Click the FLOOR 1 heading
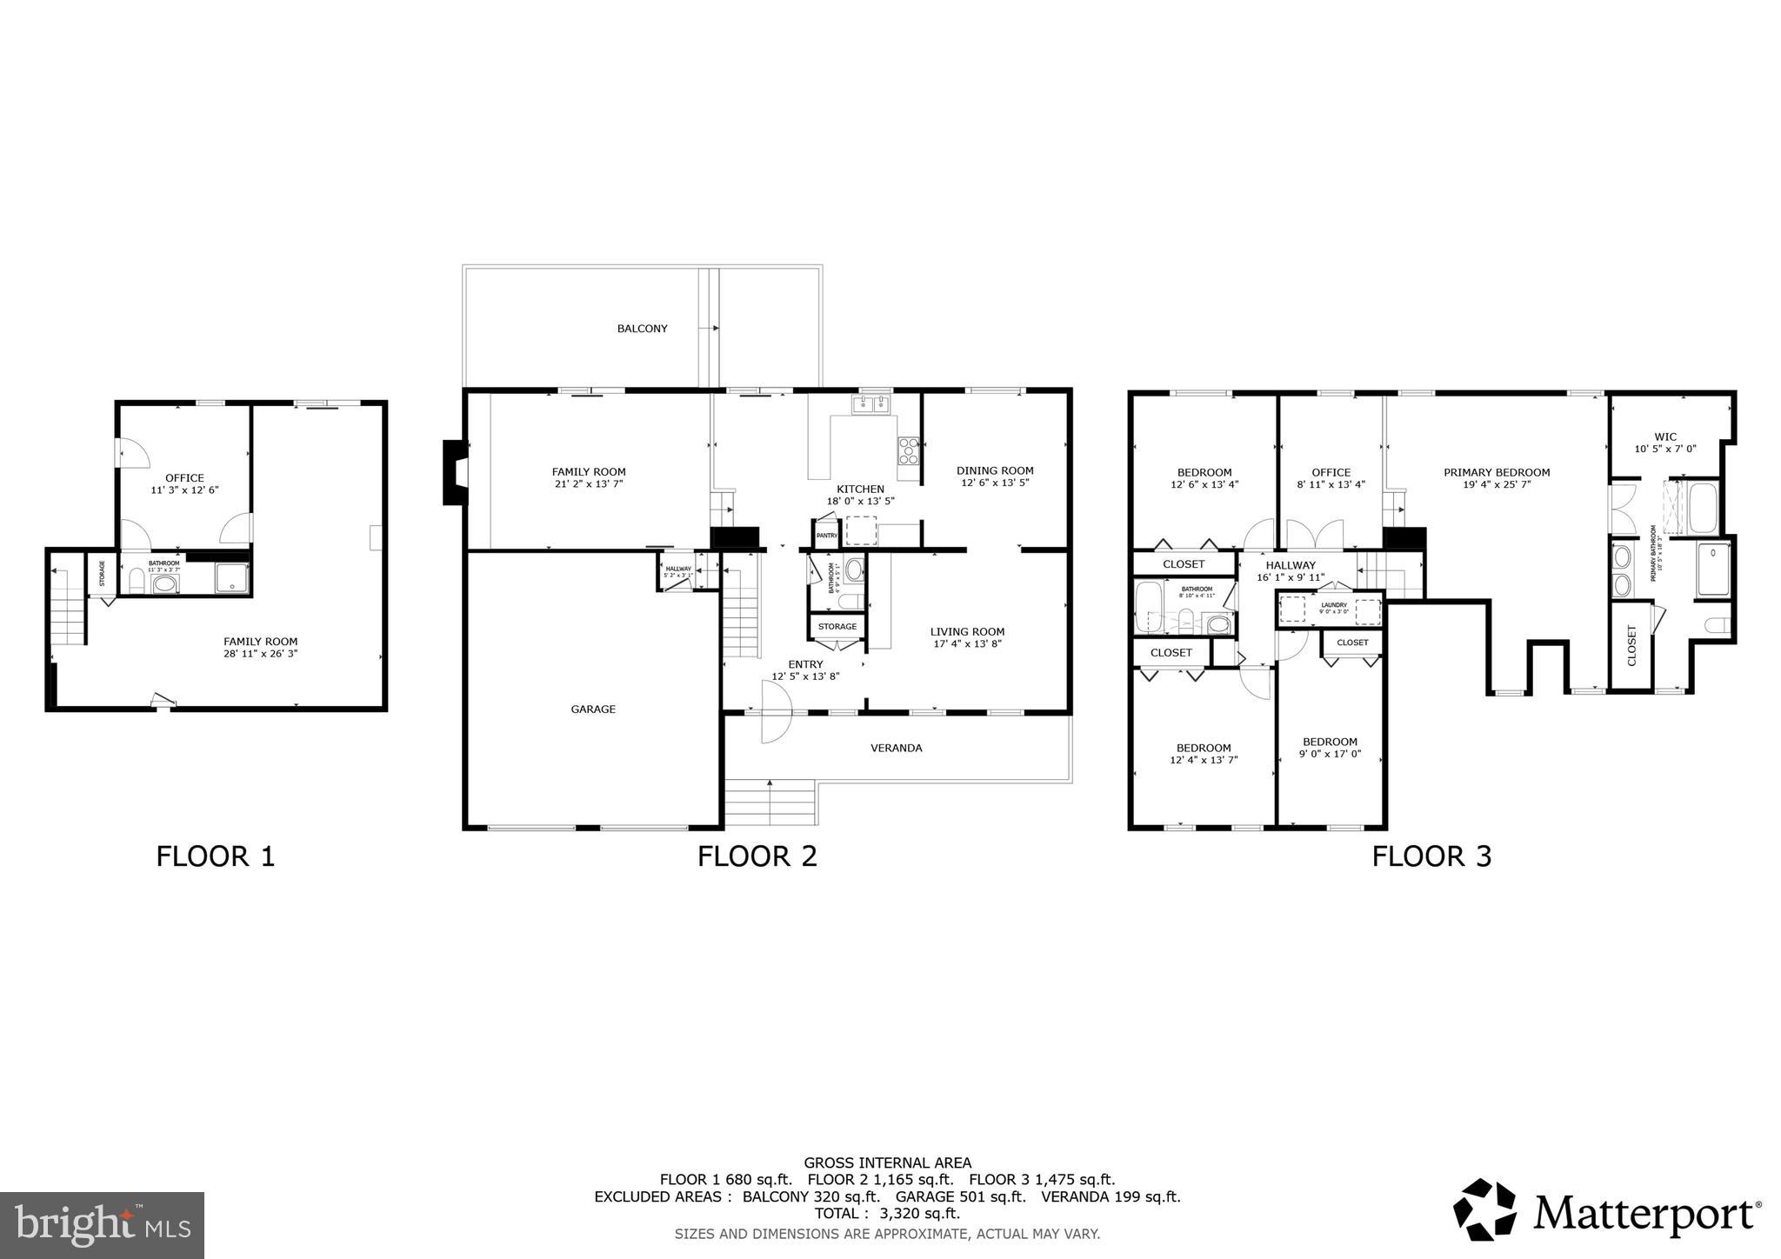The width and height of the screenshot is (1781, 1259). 216,856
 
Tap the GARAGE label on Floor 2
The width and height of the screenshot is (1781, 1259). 593,709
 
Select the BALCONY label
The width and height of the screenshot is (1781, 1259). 642,329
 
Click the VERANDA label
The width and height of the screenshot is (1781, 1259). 896,748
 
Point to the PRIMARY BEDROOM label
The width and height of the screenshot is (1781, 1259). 1497,473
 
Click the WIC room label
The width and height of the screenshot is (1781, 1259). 1665,437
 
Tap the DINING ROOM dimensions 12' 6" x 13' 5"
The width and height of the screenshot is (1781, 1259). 995,483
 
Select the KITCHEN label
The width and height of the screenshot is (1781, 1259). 860,490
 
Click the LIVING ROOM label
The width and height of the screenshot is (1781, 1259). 967,632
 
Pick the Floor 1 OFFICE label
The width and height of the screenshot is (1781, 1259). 184,478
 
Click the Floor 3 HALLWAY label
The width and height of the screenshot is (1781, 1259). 1291,565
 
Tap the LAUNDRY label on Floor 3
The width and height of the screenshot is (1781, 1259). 1333,605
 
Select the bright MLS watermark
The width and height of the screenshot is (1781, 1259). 102,1225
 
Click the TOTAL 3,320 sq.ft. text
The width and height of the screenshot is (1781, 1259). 887,1213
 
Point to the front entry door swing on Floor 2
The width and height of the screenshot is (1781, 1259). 776,712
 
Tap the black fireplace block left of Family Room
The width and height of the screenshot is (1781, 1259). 455,473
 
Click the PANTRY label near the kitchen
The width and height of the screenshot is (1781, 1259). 826,536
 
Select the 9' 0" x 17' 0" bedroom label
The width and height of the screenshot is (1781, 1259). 1330,754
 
